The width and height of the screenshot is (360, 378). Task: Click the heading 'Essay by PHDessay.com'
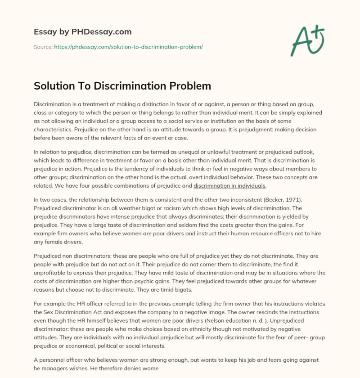coord(82,32)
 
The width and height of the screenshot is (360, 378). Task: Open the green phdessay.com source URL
coord(129,47)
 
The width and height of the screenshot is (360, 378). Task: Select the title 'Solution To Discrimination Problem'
coord(122,85)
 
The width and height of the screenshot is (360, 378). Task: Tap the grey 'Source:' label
coord(43,47)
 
